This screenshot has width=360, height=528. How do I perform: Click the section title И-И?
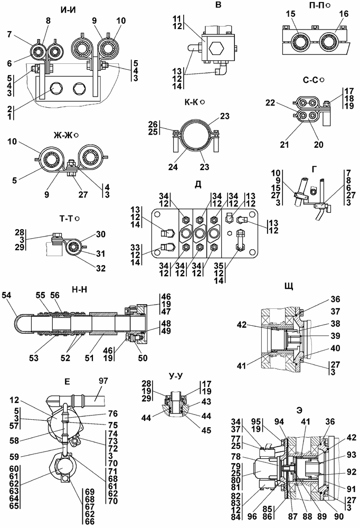click(x=68, y=10)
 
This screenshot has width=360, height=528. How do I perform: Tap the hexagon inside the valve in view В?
click(x=216, y=49)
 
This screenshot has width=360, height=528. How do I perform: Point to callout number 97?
click(x=103, y=381)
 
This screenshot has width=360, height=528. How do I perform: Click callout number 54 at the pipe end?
click(x=6, y=295)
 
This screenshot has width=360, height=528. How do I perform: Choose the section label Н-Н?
click(x=80, y=289)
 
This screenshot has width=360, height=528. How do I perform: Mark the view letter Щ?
click(x=289, y=286)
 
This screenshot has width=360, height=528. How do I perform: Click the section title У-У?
click(x=175, y=376)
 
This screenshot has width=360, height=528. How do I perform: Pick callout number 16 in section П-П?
click(x=344, y=14)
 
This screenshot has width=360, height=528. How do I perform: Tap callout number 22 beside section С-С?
click(x=270, y=103)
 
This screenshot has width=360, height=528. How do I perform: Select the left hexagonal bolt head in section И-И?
click(x=56, y=89)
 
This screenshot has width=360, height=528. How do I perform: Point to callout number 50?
click(x=143, y=357)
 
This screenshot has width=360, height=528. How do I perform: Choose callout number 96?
click(x=251, y=516)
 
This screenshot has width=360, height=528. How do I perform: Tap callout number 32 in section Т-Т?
click(x=101, y=268)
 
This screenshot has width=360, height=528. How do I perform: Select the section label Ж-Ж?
click(x=63, y=135)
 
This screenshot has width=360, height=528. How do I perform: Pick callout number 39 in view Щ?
click(x=335, y=336)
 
